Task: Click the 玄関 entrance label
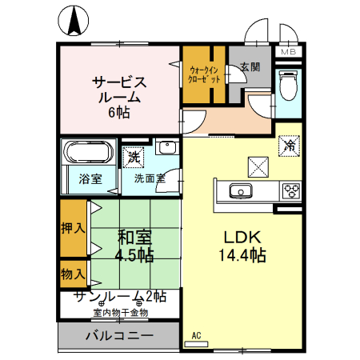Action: tap(250, 68)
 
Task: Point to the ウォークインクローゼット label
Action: tap(203, 74)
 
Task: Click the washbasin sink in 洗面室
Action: tap(166, 148)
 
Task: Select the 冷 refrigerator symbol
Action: tap(290, 146)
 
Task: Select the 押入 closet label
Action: tap(74, 227)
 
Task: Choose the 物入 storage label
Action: tap(74, 274)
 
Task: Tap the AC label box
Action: tap(195, 336)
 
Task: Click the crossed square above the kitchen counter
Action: tap(258, 166)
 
